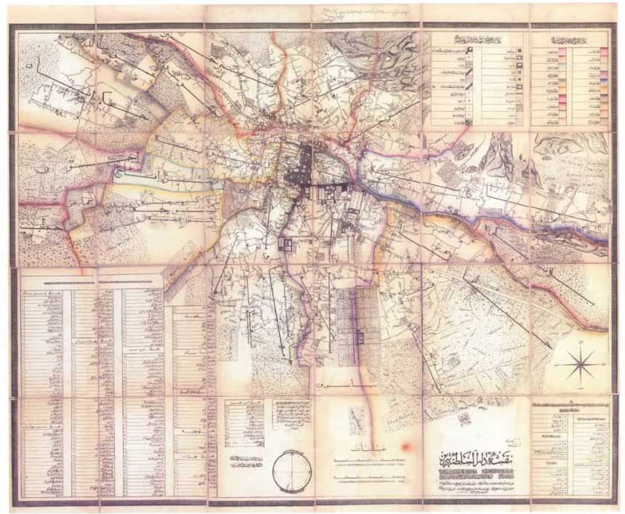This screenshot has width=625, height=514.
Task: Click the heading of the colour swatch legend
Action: pos(568,39)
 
